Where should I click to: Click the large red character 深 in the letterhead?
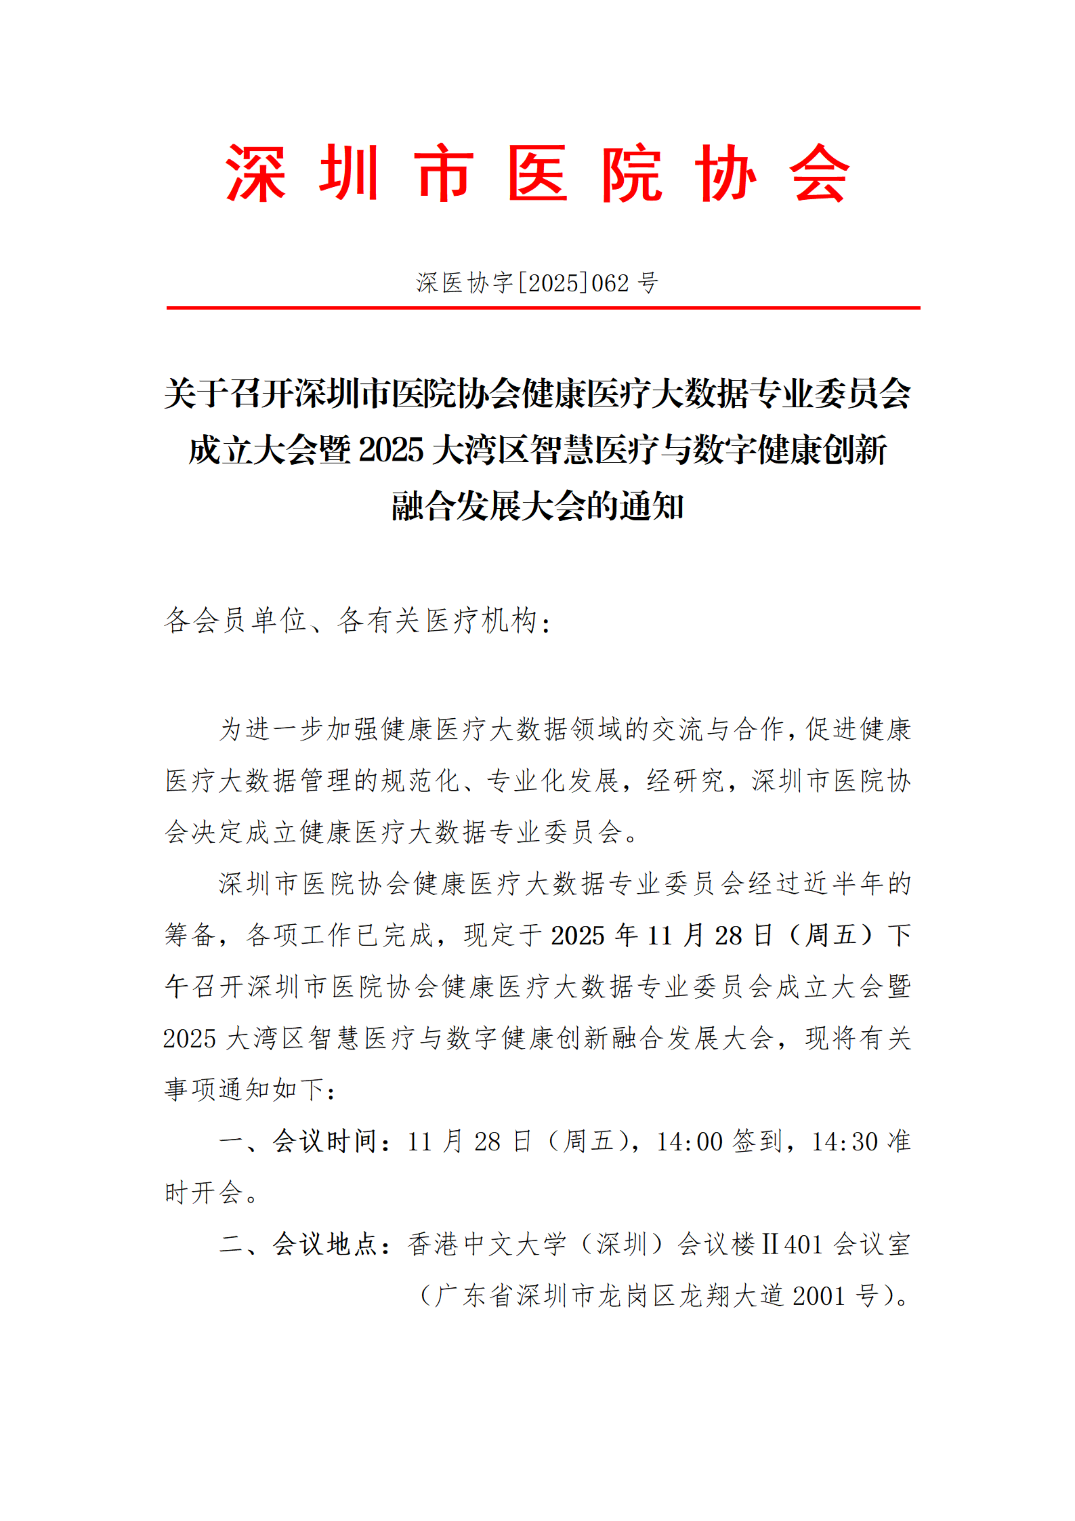click(256, 174)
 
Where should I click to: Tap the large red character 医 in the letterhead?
click(537, 174)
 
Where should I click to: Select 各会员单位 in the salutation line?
click(235, 621)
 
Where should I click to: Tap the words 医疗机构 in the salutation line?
click(481, 621)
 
